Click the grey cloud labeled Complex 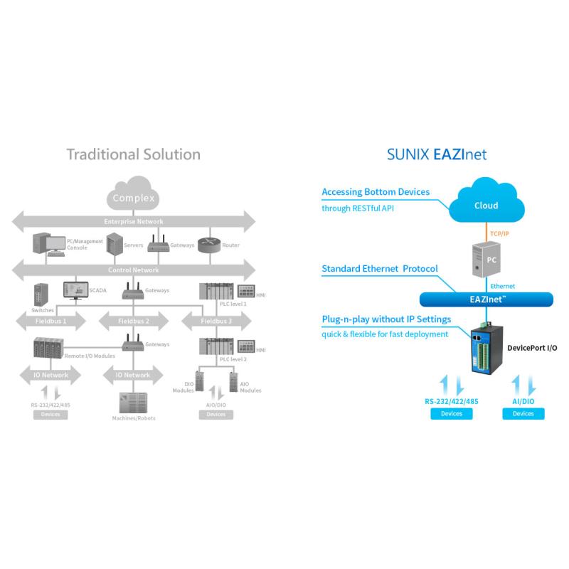pyautogui.click(x=133, y=196)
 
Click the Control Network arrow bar pyautogui.click(x=134, y=270)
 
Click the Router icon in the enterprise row pyautogui.click(x=207, y=245)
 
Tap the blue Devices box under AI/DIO pyautogui.click(x=523, y=413)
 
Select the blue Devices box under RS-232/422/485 pyautogui.click(x=451, y=413)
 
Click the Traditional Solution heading pyautogui.click(x=133, y=154)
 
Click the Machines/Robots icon pyautogui.click(x=132, y=403)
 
